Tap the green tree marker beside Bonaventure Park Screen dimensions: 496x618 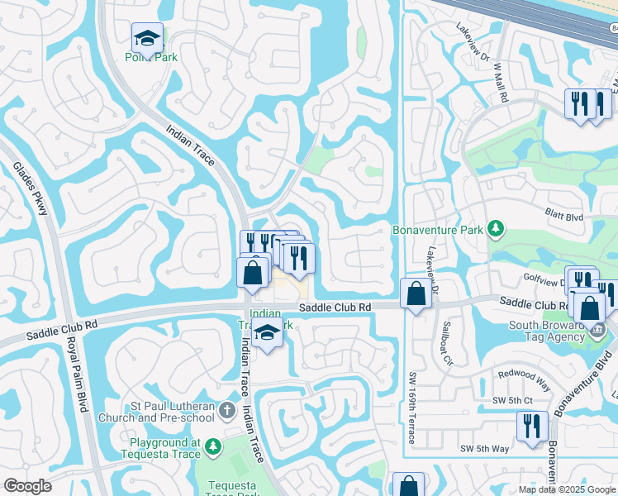click(496, 228)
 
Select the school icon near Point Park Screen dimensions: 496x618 click(147, 38)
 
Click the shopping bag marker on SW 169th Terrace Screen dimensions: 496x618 click(416, 293)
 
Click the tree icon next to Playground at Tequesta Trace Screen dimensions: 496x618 click(213, 447)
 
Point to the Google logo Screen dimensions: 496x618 click(28, 486)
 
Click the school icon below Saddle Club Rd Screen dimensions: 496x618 click(266, 335)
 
